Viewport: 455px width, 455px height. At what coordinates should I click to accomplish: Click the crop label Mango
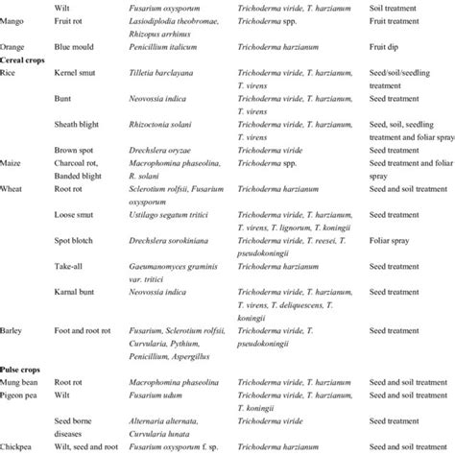pos(16,32)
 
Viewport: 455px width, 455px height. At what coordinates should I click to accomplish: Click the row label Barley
pos(15,329)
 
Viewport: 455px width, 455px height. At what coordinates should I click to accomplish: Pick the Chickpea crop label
pos(21,446)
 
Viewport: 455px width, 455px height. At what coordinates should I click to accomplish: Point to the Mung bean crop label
pos(25,381)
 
